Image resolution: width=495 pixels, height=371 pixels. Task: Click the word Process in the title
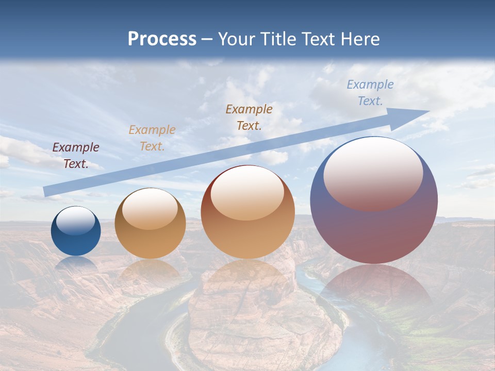click(162, 39)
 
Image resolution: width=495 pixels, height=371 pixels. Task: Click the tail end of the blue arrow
click(45, 192)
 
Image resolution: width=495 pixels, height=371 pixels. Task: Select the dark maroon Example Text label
click(76, 156)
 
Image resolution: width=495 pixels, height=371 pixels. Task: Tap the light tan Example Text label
click(152, 138)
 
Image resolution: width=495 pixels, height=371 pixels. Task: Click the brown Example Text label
click(249, 117)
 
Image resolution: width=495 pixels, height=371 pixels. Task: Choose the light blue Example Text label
click(370, 93)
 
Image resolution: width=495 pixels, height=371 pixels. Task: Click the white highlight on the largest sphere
click(373, 173)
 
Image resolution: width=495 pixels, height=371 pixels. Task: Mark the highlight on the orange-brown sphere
click(247, 193)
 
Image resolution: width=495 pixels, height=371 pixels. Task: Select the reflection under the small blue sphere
click(76, 263)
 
